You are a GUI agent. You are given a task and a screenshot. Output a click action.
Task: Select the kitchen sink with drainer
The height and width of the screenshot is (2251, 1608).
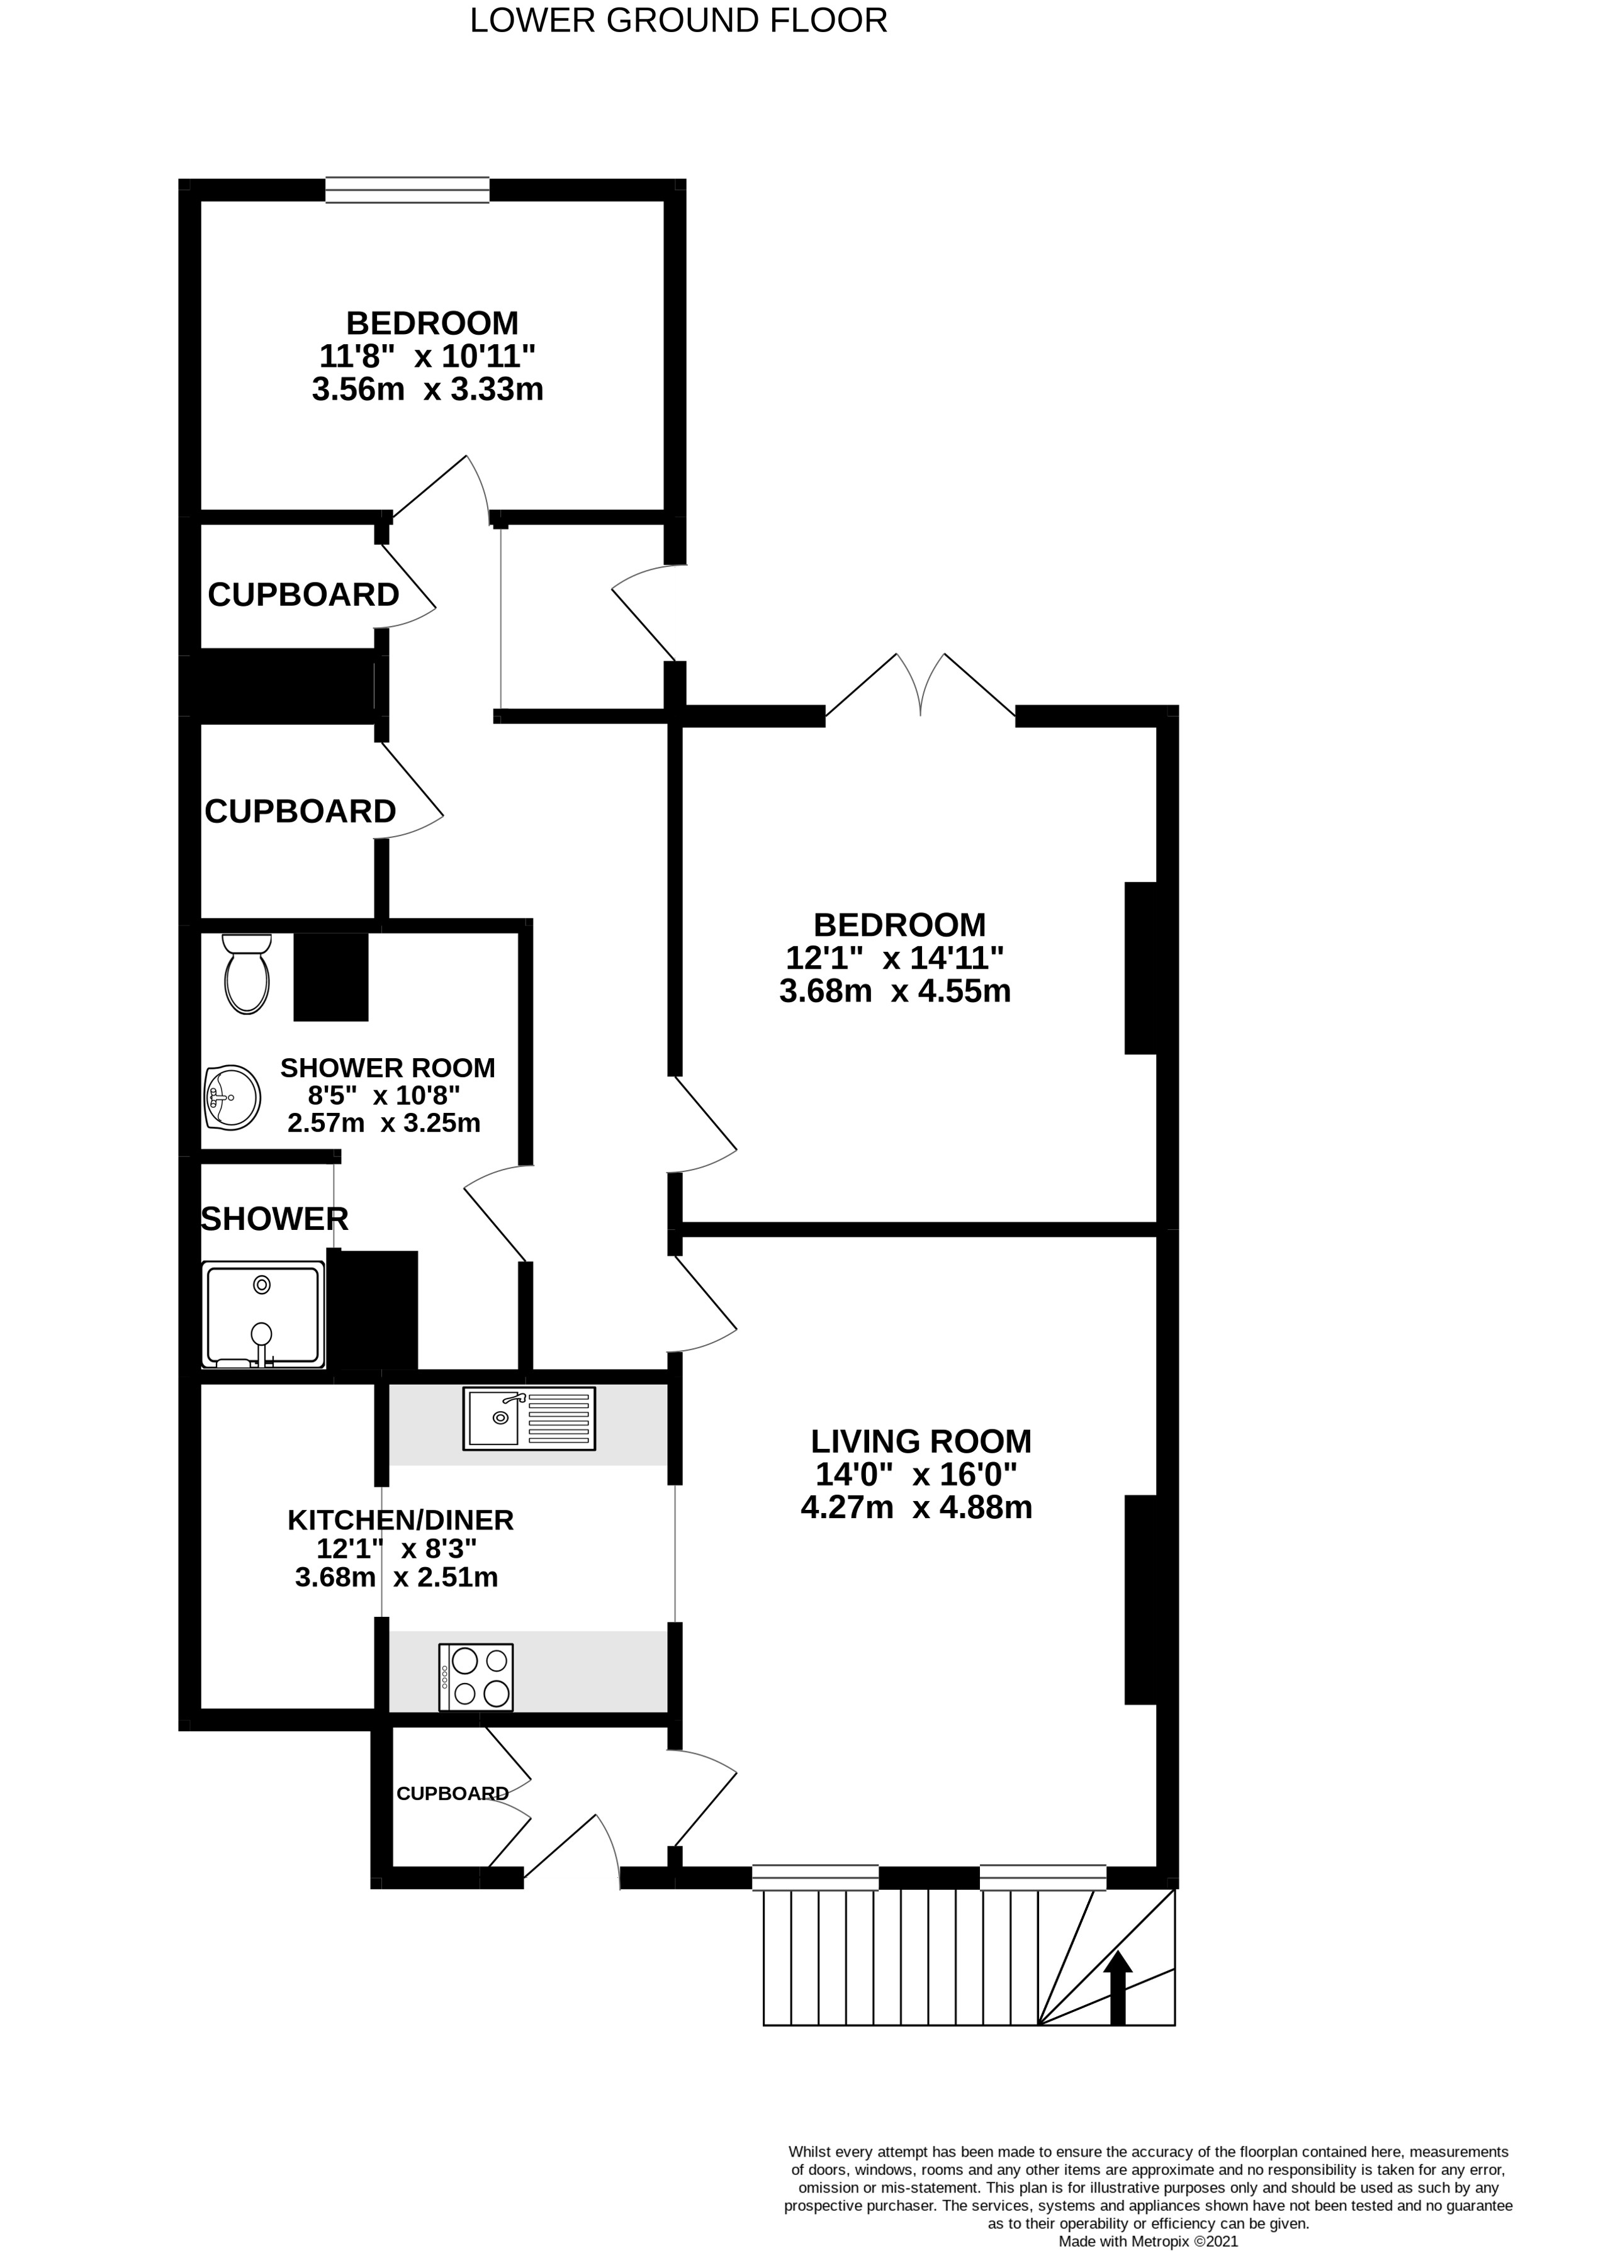529,1419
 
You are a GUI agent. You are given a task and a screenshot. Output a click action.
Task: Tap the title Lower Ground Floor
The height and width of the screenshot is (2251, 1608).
678,21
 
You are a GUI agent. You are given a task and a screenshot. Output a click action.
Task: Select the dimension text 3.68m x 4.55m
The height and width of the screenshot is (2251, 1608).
895,991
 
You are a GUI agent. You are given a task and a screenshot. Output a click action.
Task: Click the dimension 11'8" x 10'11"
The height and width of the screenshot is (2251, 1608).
428,355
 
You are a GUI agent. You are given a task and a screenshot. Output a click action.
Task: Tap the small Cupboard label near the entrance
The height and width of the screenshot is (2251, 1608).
453,1792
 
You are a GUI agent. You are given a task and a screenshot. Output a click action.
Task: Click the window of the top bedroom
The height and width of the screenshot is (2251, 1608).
407,189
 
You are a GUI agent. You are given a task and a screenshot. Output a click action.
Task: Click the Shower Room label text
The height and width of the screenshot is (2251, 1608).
387,1068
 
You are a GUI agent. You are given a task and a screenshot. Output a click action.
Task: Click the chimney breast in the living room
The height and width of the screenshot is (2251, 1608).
1140,1600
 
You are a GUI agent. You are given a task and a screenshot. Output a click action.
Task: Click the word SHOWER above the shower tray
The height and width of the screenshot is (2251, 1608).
274,1219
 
